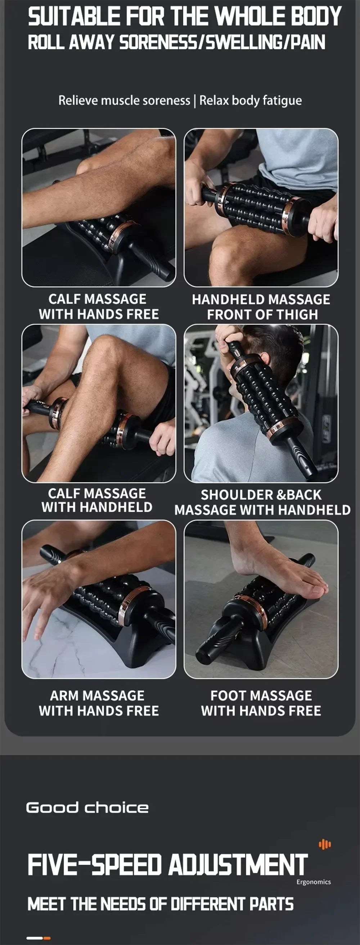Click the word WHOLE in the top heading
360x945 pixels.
pyautogui.click(x=249, y=17)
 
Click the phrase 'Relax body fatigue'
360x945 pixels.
pyautogui.click(x=250, y=100)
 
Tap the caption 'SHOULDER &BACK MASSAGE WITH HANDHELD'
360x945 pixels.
pyautogui.click(x=262, y=503)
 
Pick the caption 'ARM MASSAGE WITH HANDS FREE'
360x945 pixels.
pyautogui.click(x=98, y=703)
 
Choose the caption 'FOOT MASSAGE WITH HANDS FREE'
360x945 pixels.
pyautogui.click(x=261, y=703)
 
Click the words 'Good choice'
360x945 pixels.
pyautogui.click(x=87, y=808)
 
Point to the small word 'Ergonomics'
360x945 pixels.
pyautogui.click(x=314, y=882)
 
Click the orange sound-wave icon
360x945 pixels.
pyautogui.click(x=325, y=845)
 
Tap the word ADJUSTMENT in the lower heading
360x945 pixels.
pyautogui.click(x=238, y=865)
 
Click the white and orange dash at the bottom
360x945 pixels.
pyautogui.click(x=39, y=938)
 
